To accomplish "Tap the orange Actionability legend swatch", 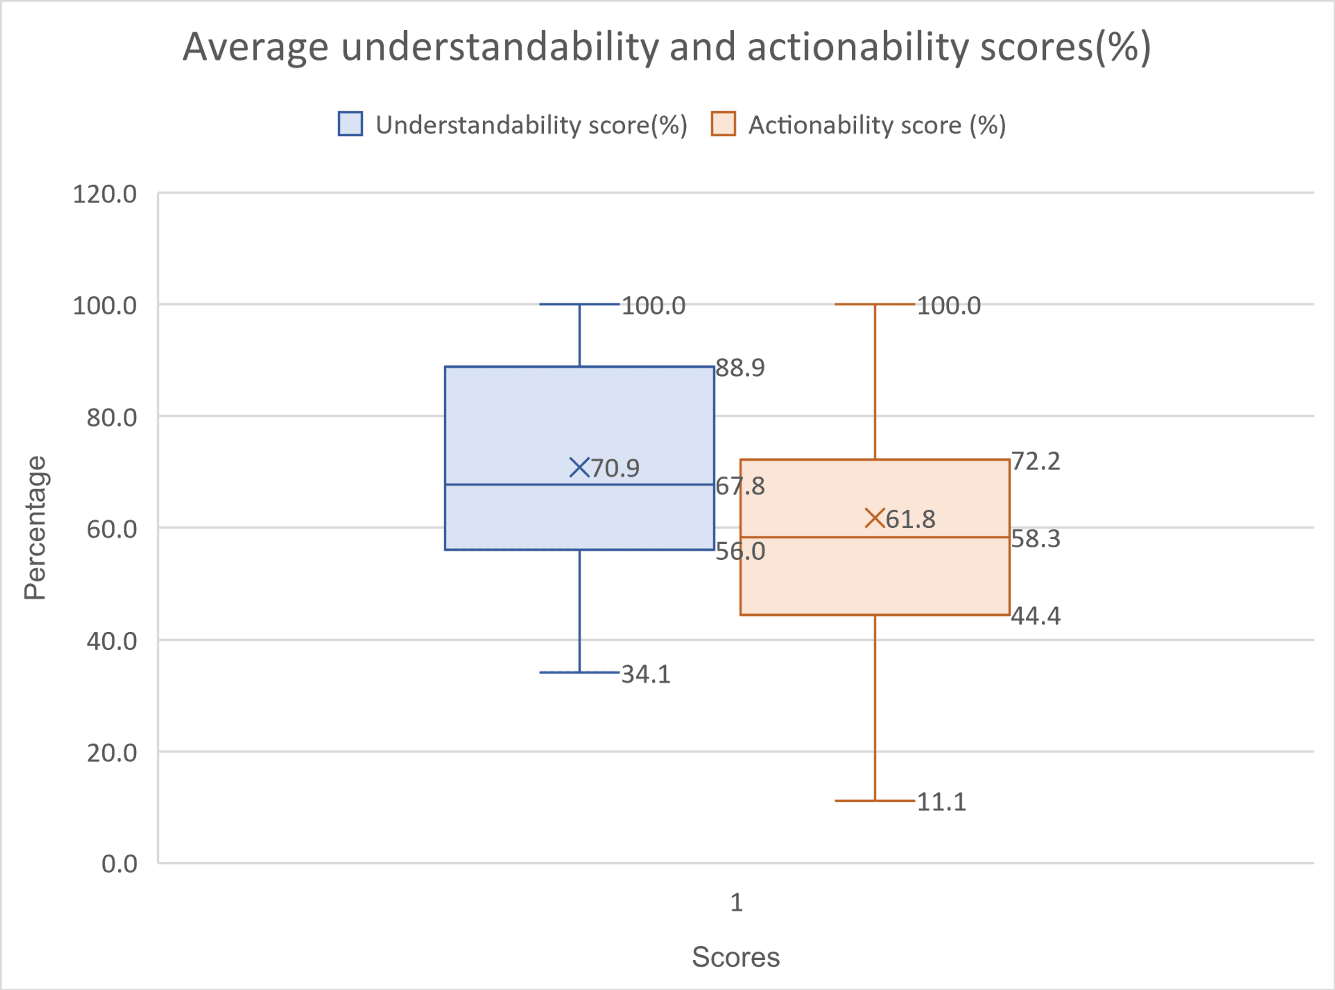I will [x=723, y=124].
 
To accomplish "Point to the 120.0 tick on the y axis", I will [x=105, y=194].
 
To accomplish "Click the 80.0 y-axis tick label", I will [x=112, y=417].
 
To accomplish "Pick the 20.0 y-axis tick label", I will [x=112, y=753].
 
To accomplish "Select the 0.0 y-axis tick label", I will [x=119, y=864].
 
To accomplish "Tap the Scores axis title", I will [x=736, y=957].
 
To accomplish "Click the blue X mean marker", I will [x=579, y=468].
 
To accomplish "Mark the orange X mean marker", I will [x=875, y=518].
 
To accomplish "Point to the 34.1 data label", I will [x=646, y=675].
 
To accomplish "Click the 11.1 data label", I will [x=941, y=802].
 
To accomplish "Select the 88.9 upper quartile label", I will [x=740, y=368].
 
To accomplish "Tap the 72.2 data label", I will [x=1036, y=461].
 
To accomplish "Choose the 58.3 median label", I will [x=1036, y=539].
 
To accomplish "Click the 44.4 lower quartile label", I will [x=1036, y=616].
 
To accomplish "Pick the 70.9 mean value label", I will [x=615, y=468].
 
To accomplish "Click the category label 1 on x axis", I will [x=736, y=902].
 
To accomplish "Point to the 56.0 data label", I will [x=740, y=551].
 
